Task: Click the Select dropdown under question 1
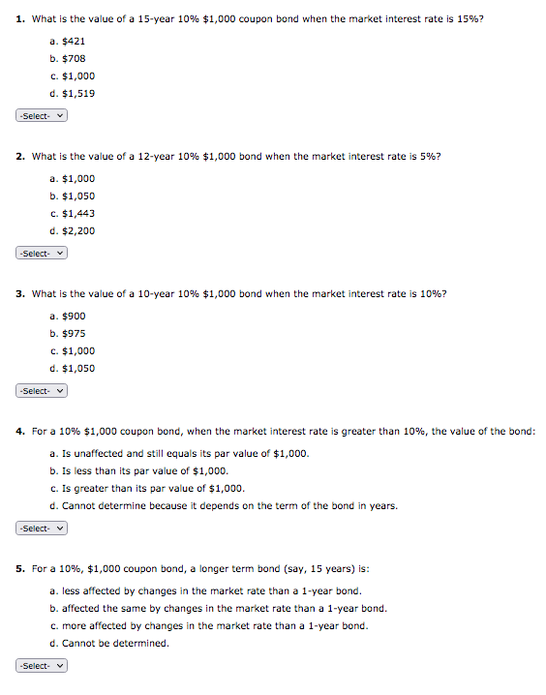(x=42, y=116)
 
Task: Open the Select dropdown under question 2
(x=42, y=254)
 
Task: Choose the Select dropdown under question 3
(x=42, y=391)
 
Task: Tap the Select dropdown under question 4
(x=42, y=529)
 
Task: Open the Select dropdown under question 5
(x=42, y=666)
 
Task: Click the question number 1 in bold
(x=20, y=18)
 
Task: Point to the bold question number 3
(x=20, y=293)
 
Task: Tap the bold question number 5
(x=20, y=568)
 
